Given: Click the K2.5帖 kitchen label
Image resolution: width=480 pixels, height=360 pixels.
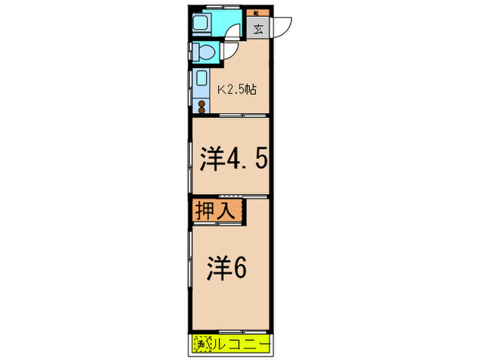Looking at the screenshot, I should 237,89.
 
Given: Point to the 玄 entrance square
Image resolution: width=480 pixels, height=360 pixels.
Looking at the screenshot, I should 258,29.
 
